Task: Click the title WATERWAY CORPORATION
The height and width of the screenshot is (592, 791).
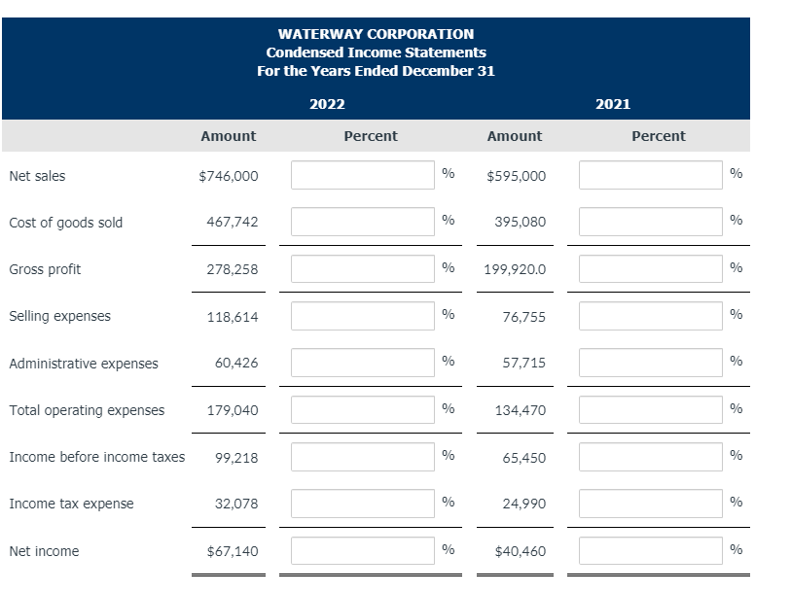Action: [x=376, y=34]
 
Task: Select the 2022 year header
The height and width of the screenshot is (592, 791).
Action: [x=327, y=104]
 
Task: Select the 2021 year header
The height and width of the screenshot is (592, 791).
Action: [x=613, y=104]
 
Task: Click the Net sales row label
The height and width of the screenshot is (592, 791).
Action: [x=37, y=176]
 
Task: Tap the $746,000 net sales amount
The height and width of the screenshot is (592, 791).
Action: [x=228, y=176]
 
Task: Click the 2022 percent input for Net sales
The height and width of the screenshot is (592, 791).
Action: [x=363, y=175]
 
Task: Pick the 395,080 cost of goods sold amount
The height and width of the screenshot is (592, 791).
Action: [x=520, y=223]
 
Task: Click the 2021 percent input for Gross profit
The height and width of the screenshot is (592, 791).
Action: [x=651, y=269]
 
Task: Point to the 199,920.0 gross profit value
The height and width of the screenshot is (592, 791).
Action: [x=515, y=269]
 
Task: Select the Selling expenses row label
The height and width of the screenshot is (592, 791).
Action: [x=59, y=316]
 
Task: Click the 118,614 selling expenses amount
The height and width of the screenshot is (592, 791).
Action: [x=233, y=317]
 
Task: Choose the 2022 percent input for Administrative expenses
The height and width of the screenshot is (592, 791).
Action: [x=363, y=363]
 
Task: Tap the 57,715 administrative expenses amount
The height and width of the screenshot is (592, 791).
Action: [x=523, y=364]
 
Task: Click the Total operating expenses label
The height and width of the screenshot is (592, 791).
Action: [x=87, y=410]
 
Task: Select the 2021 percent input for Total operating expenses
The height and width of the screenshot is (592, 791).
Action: [x=651, y=409]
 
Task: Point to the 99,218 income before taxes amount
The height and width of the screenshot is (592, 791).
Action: [x=236, y=458]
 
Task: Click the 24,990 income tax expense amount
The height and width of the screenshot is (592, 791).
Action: [x=523, y=505]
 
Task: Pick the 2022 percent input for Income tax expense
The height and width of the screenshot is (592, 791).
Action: [x=363, y=504]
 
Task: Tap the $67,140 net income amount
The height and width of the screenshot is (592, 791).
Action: [x=233, y=551]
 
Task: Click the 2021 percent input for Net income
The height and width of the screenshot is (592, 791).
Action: [x=651, y=550]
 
